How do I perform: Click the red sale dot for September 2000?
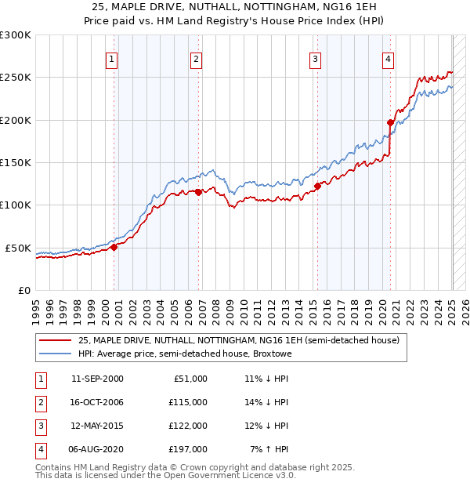point(114,246)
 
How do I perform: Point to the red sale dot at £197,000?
point(390,122)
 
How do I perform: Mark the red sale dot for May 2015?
point(317,186)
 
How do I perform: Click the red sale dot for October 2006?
point(198,191)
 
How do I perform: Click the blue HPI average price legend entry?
point(185,354)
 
